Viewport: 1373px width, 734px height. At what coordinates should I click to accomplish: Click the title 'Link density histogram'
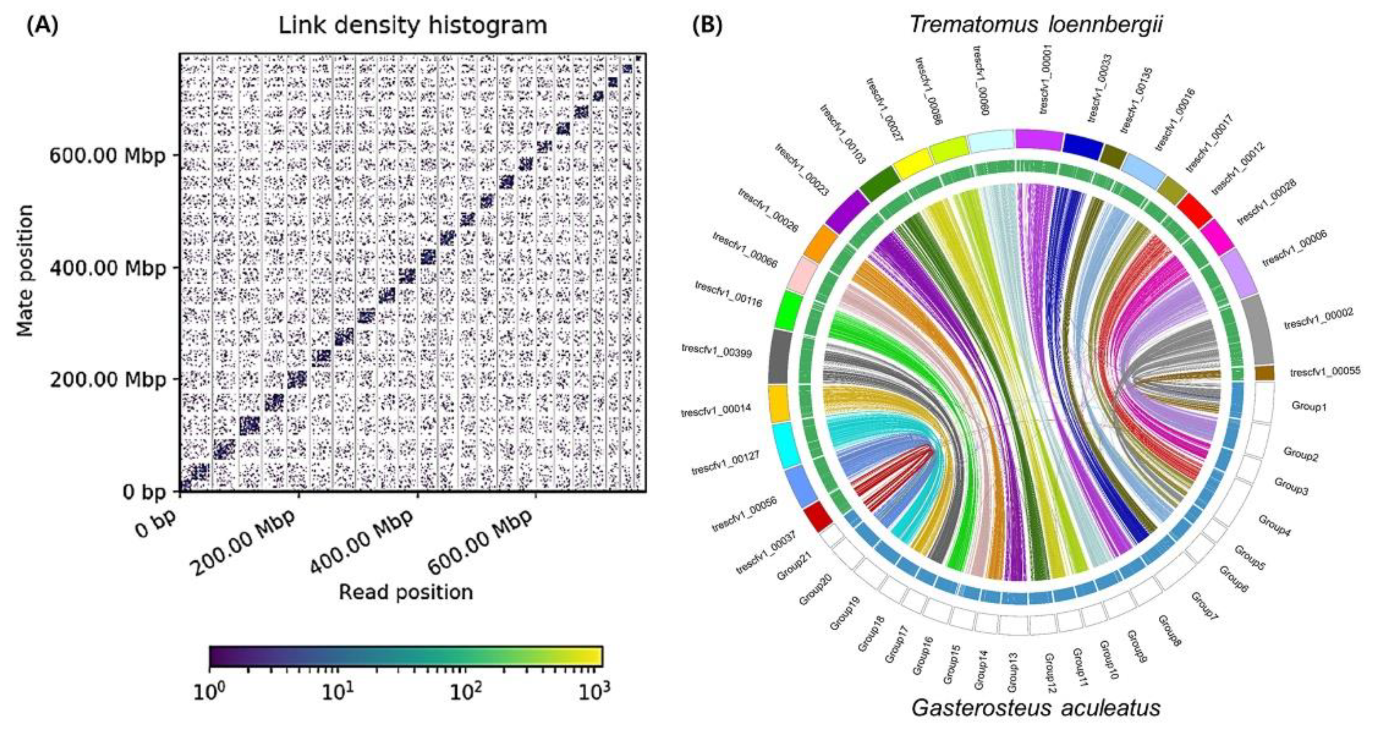tap(413, 26)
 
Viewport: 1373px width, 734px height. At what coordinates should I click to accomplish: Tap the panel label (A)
tap(42, 26)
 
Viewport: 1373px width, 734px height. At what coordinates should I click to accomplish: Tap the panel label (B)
tap(707, 26)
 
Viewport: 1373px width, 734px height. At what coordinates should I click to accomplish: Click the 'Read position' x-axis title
tap(406, 592)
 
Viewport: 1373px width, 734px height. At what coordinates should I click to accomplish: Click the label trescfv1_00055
tap(1325, 372)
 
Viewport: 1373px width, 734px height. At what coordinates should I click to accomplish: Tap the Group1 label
tap(1308, 406)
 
